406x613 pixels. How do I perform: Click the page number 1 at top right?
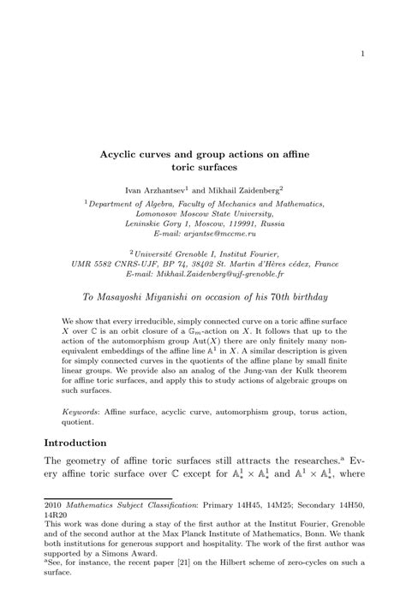[x=362, y=55]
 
